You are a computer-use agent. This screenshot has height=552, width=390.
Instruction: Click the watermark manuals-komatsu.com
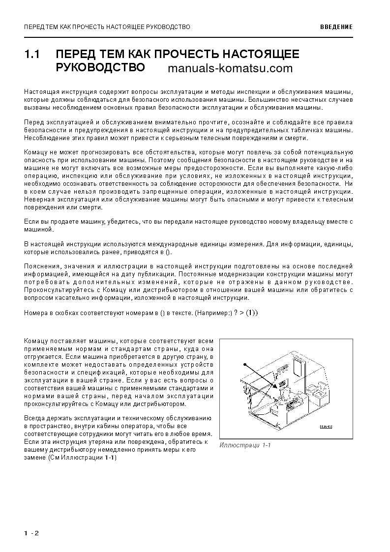230,68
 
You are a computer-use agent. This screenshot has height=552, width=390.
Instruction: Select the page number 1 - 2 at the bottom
31,533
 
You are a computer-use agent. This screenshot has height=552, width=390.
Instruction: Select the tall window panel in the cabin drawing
298,368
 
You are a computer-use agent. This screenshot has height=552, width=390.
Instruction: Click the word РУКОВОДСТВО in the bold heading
100,67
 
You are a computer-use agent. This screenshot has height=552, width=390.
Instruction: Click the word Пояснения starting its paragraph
41,266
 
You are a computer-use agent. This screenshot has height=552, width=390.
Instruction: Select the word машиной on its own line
37,230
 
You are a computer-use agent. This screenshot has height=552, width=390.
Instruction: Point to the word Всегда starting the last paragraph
34,418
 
